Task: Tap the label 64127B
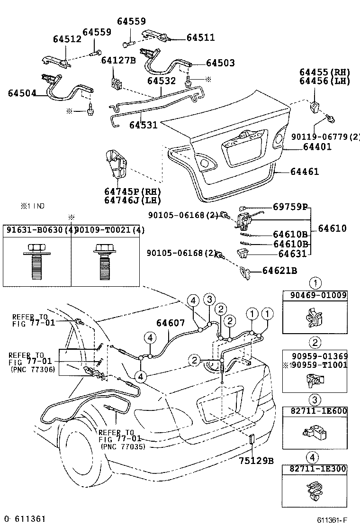[118, 60]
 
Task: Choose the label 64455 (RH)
[324, 73]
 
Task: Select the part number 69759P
[290, 207]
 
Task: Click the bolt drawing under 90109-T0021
[105, 261]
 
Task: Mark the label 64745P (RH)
[132, 192]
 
